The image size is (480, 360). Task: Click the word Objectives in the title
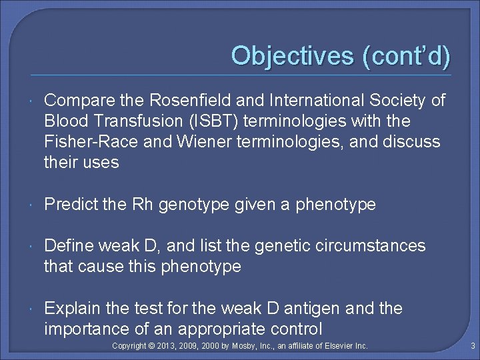click(293, 55)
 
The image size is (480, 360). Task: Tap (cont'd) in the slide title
click(406, 55)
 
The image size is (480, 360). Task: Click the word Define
click(67, 246)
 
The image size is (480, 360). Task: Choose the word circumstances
click(373, 246)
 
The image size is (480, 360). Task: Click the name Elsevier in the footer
click(340, 346)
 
